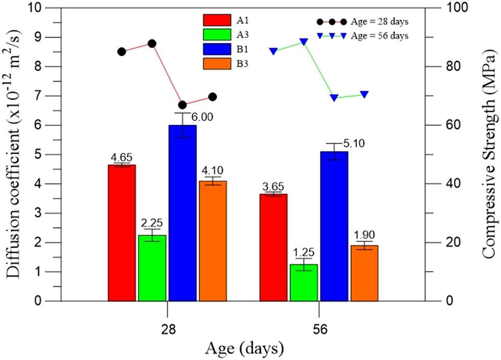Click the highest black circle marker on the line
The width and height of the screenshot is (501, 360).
[x=152, y=43]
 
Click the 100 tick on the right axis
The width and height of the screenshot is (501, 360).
[x=452, y=8]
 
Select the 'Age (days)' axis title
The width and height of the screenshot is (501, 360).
[x=244, y=349]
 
